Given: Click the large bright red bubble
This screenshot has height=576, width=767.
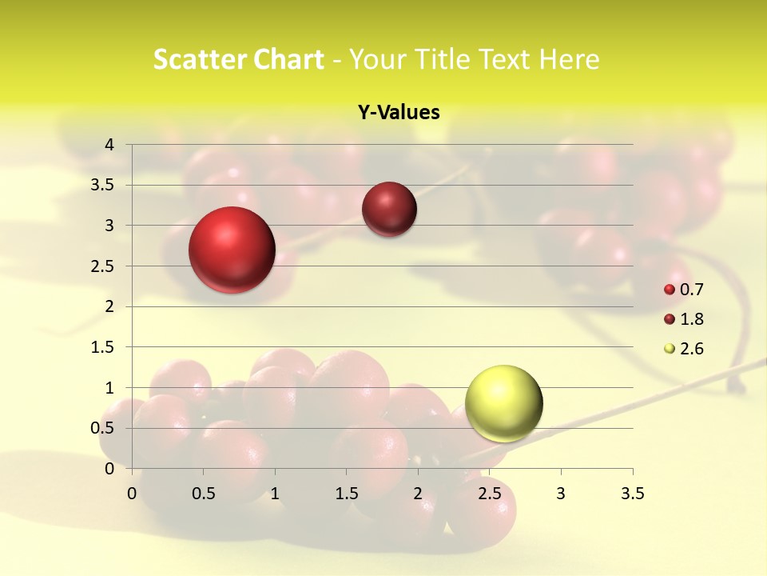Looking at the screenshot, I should [232, 250].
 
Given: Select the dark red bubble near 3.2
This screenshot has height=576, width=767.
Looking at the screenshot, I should [389, 210].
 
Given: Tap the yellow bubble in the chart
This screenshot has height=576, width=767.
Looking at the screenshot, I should [504, 403].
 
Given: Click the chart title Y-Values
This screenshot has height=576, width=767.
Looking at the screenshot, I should [399, 113].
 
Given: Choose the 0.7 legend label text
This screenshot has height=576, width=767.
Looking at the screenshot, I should [692, 290].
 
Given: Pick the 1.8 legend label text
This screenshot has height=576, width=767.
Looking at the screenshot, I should [692, 319].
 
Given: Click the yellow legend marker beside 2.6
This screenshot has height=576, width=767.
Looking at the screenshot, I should [670, 349].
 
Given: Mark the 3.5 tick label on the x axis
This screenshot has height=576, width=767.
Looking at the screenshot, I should [632, 494].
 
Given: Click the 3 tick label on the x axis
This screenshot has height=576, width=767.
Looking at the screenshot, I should [561, 494].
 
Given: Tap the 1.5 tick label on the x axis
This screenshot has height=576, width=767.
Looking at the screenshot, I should [346, 494].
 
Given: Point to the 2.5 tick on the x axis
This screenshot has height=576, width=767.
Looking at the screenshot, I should [489, 494].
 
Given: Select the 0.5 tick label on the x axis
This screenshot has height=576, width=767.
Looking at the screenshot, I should [204, 494].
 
